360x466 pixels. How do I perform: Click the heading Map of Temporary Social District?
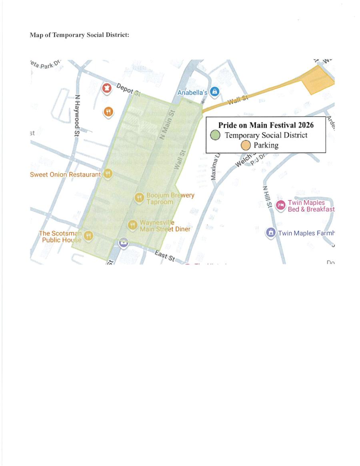[x=79, y=35]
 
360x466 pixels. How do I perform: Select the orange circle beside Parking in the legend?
[x=246, y=145]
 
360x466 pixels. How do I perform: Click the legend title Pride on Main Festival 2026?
[x=266, y=125]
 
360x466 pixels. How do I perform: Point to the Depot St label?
[x=128, y=90]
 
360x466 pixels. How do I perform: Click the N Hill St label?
[x=267, y=196]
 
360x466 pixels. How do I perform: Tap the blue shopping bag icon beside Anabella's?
[x=215, y=92]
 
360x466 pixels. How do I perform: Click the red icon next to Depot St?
[x=107, y=87]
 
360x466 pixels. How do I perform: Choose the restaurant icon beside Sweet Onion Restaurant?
[x=108, y=174]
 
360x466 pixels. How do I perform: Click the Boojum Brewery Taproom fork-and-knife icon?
[x=139, y=198]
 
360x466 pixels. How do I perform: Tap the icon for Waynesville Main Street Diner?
[x=132, y=225]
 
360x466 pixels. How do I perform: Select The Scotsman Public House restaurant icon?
[x=88, y=236]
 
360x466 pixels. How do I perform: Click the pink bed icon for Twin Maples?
[x=281, y=205]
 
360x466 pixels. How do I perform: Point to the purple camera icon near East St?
[x=124, y=242]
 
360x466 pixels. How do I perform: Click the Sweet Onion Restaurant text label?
[x=66, y=175]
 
